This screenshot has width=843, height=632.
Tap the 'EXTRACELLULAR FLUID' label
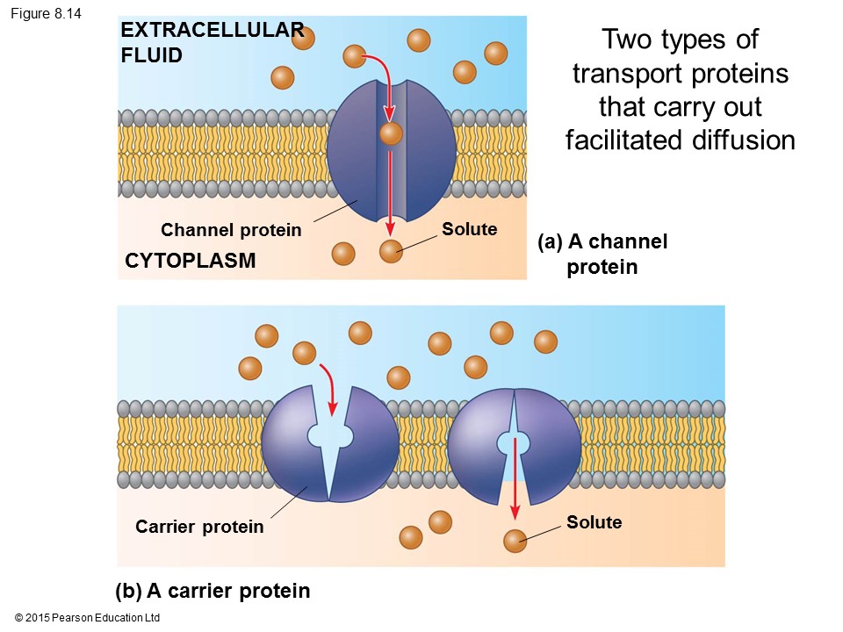[212, 43]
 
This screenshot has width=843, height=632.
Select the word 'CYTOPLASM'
[190, 261]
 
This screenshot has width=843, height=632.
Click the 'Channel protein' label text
[231, 231]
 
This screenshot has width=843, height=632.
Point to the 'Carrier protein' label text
[199, 527]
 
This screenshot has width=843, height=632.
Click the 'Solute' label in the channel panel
[469, 229]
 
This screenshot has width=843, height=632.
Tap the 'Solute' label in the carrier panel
[594, 522]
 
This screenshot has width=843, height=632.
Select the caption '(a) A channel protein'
[602, 254]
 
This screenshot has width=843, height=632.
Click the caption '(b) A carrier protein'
[213, 591]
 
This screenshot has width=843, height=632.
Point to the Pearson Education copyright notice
[87, 618]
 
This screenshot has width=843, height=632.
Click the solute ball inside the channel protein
[391, 134]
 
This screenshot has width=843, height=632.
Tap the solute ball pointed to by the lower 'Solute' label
[515, 541]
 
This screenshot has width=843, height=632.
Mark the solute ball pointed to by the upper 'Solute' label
[391, 252]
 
